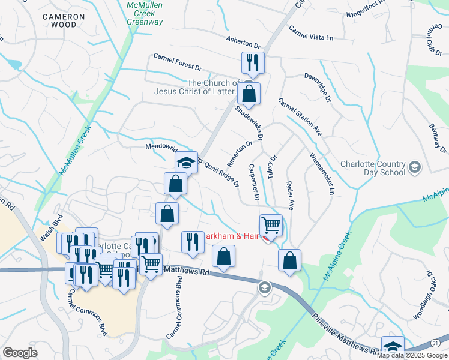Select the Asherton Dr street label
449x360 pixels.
[x=244, y=41]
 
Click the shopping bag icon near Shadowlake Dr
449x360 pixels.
[x=248, y=94]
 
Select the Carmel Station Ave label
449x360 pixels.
[x=300, y=117]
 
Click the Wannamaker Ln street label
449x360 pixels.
[x=322, y=174]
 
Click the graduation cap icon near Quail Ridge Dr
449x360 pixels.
[x=186, y=162]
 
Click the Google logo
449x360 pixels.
[x=21, y=352]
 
